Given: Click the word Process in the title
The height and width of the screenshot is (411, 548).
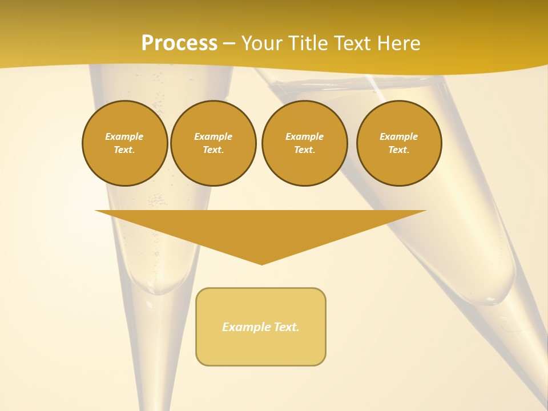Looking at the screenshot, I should [179, 43].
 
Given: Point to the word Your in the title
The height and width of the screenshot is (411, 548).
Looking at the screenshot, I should [262, 43].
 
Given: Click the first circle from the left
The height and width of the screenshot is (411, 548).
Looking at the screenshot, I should [124, 143].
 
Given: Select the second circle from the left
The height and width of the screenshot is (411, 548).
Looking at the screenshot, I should [213, 143].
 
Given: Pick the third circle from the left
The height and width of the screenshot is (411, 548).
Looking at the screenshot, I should [304, 143].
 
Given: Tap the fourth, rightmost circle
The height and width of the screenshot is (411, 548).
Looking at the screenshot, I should [398, 143].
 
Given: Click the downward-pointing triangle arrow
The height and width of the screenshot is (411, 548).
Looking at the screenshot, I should [261, 228].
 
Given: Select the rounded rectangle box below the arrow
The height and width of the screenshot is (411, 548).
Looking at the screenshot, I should [261, 348].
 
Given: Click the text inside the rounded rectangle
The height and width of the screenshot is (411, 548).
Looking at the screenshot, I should [261, 327].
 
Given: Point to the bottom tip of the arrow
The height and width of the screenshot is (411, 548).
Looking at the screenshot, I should [261, 264].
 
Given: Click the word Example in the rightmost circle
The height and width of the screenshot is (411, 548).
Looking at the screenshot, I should [398, 136].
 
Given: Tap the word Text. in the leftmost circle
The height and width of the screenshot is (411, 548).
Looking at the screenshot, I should [124, 150].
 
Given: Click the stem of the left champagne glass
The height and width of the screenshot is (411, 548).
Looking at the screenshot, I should [157, 354].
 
